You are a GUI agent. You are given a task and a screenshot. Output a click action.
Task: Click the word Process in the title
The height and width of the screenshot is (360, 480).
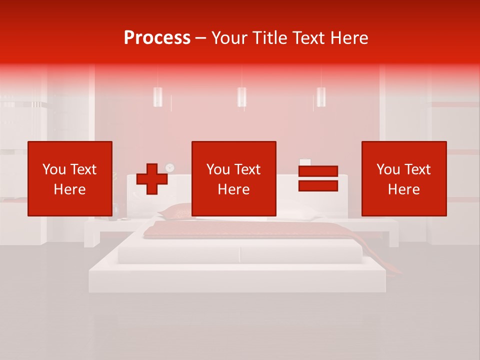click(157, 38)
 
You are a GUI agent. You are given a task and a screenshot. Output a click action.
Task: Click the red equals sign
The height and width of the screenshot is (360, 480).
click(318, 178)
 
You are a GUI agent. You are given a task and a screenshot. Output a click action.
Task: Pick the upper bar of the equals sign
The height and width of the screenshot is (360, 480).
click(318, 171)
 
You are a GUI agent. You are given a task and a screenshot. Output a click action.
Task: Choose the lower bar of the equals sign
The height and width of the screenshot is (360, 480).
click(318, 185)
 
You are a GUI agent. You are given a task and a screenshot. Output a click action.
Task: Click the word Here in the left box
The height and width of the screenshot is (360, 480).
click(69, 189)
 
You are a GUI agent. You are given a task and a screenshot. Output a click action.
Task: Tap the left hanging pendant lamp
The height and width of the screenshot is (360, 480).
click(157, 96)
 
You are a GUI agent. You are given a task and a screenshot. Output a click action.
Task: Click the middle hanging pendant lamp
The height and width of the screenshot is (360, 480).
click(241, 96)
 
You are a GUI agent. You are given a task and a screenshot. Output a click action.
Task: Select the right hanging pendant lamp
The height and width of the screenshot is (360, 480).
click(321, 96)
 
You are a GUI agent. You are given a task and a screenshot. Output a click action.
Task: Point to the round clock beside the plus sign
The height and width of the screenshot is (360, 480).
click(170, 167)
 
